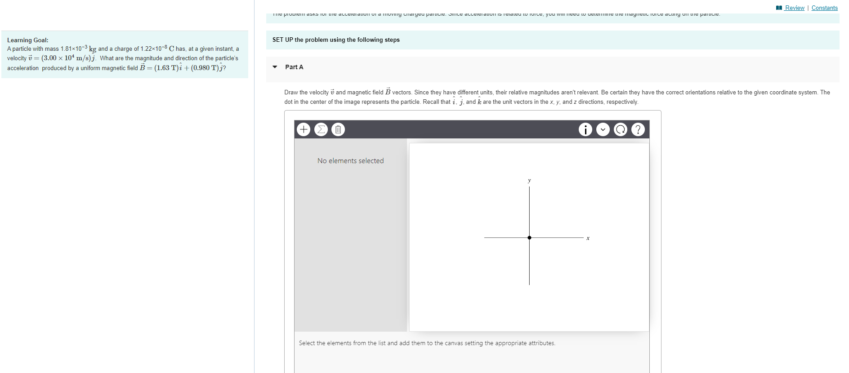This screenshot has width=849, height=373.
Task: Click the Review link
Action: [x=794, y=8]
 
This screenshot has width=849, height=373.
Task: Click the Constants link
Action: [x=824, y=8]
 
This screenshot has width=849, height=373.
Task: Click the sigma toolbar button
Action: [x=321, y=129]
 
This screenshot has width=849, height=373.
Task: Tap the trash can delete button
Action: [x=338, y=129]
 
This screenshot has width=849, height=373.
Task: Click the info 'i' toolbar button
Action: [x=585, y=129]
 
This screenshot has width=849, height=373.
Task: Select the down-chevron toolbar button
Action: [x=603, y=129]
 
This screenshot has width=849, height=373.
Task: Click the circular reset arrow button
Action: [x=620, y=129]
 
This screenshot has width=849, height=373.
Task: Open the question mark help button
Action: [x=638, y=129]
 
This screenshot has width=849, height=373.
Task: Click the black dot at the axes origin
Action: [x=529, y=237]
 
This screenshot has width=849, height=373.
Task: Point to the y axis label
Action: [x=529, y=180]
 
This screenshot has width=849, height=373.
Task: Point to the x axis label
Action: [x=588, y=238]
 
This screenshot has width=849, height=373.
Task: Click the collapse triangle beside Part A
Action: [x=275, y=67]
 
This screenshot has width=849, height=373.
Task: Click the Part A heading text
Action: [x=294, y=67]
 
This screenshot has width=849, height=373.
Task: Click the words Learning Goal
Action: [x=27, y=40]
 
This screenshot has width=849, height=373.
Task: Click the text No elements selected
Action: [x=350, y=160]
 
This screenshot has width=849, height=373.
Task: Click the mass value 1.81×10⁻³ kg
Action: [x=78, y=49]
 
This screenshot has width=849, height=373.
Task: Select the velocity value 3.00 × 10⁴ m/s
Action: [x=67, y=58]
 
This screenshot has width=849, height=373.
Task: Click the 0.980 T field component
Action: [x=205, y=68]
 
